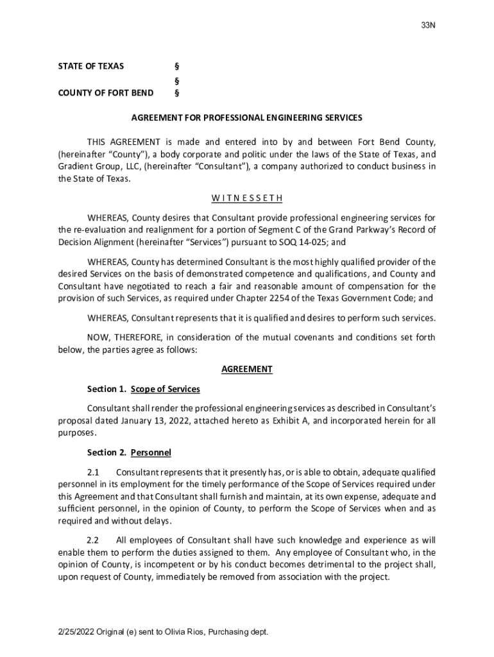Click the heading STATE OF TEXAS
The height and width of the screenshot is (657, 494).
(91, 67)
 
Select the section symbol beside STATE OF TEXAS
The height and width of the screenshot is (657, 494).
(176, 67)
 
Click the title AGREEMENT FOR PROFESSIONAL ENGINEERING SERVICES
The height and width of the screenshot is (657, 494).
(247, 118)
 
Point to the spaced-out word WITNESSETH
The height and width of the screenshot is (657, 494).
(247, 198)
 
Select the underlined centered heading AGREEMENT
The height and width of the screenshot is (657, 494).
(247, 369)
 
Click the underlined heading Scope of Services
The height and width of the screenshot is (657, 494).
(165, 389)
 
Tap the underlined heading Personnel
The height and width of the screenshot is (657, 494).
(151, 452)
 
